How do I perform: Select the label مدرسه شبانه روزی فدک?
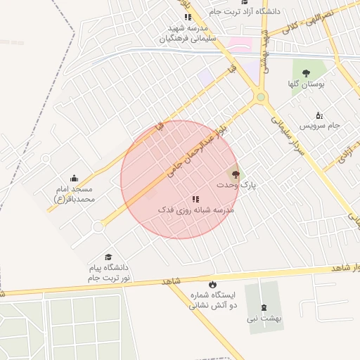point(195,210)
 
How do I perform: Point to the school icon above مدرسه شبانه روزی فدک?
point(195,200)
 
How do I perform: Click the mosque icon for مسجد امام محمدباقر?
point(75,179)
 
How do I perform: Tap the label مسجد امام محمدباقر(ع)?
point(74,195)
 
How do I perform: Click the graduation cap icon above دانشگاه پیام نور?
point(108,257)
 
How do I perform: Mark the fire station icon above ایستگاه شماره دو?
point(193,285)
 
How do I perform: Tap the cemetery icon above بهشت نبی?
point(264,307)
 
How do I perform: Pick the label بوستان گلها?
point(307,84)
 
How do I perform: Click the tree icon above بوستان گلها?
point(306,73)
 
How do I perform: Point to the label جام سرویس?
point(320,126)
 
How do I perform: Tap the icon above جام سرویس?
point(319,115)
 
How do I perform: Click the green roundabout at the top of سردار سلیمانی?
point(261,98)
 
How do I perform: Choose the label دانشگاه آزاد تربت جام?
point(249,12)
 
